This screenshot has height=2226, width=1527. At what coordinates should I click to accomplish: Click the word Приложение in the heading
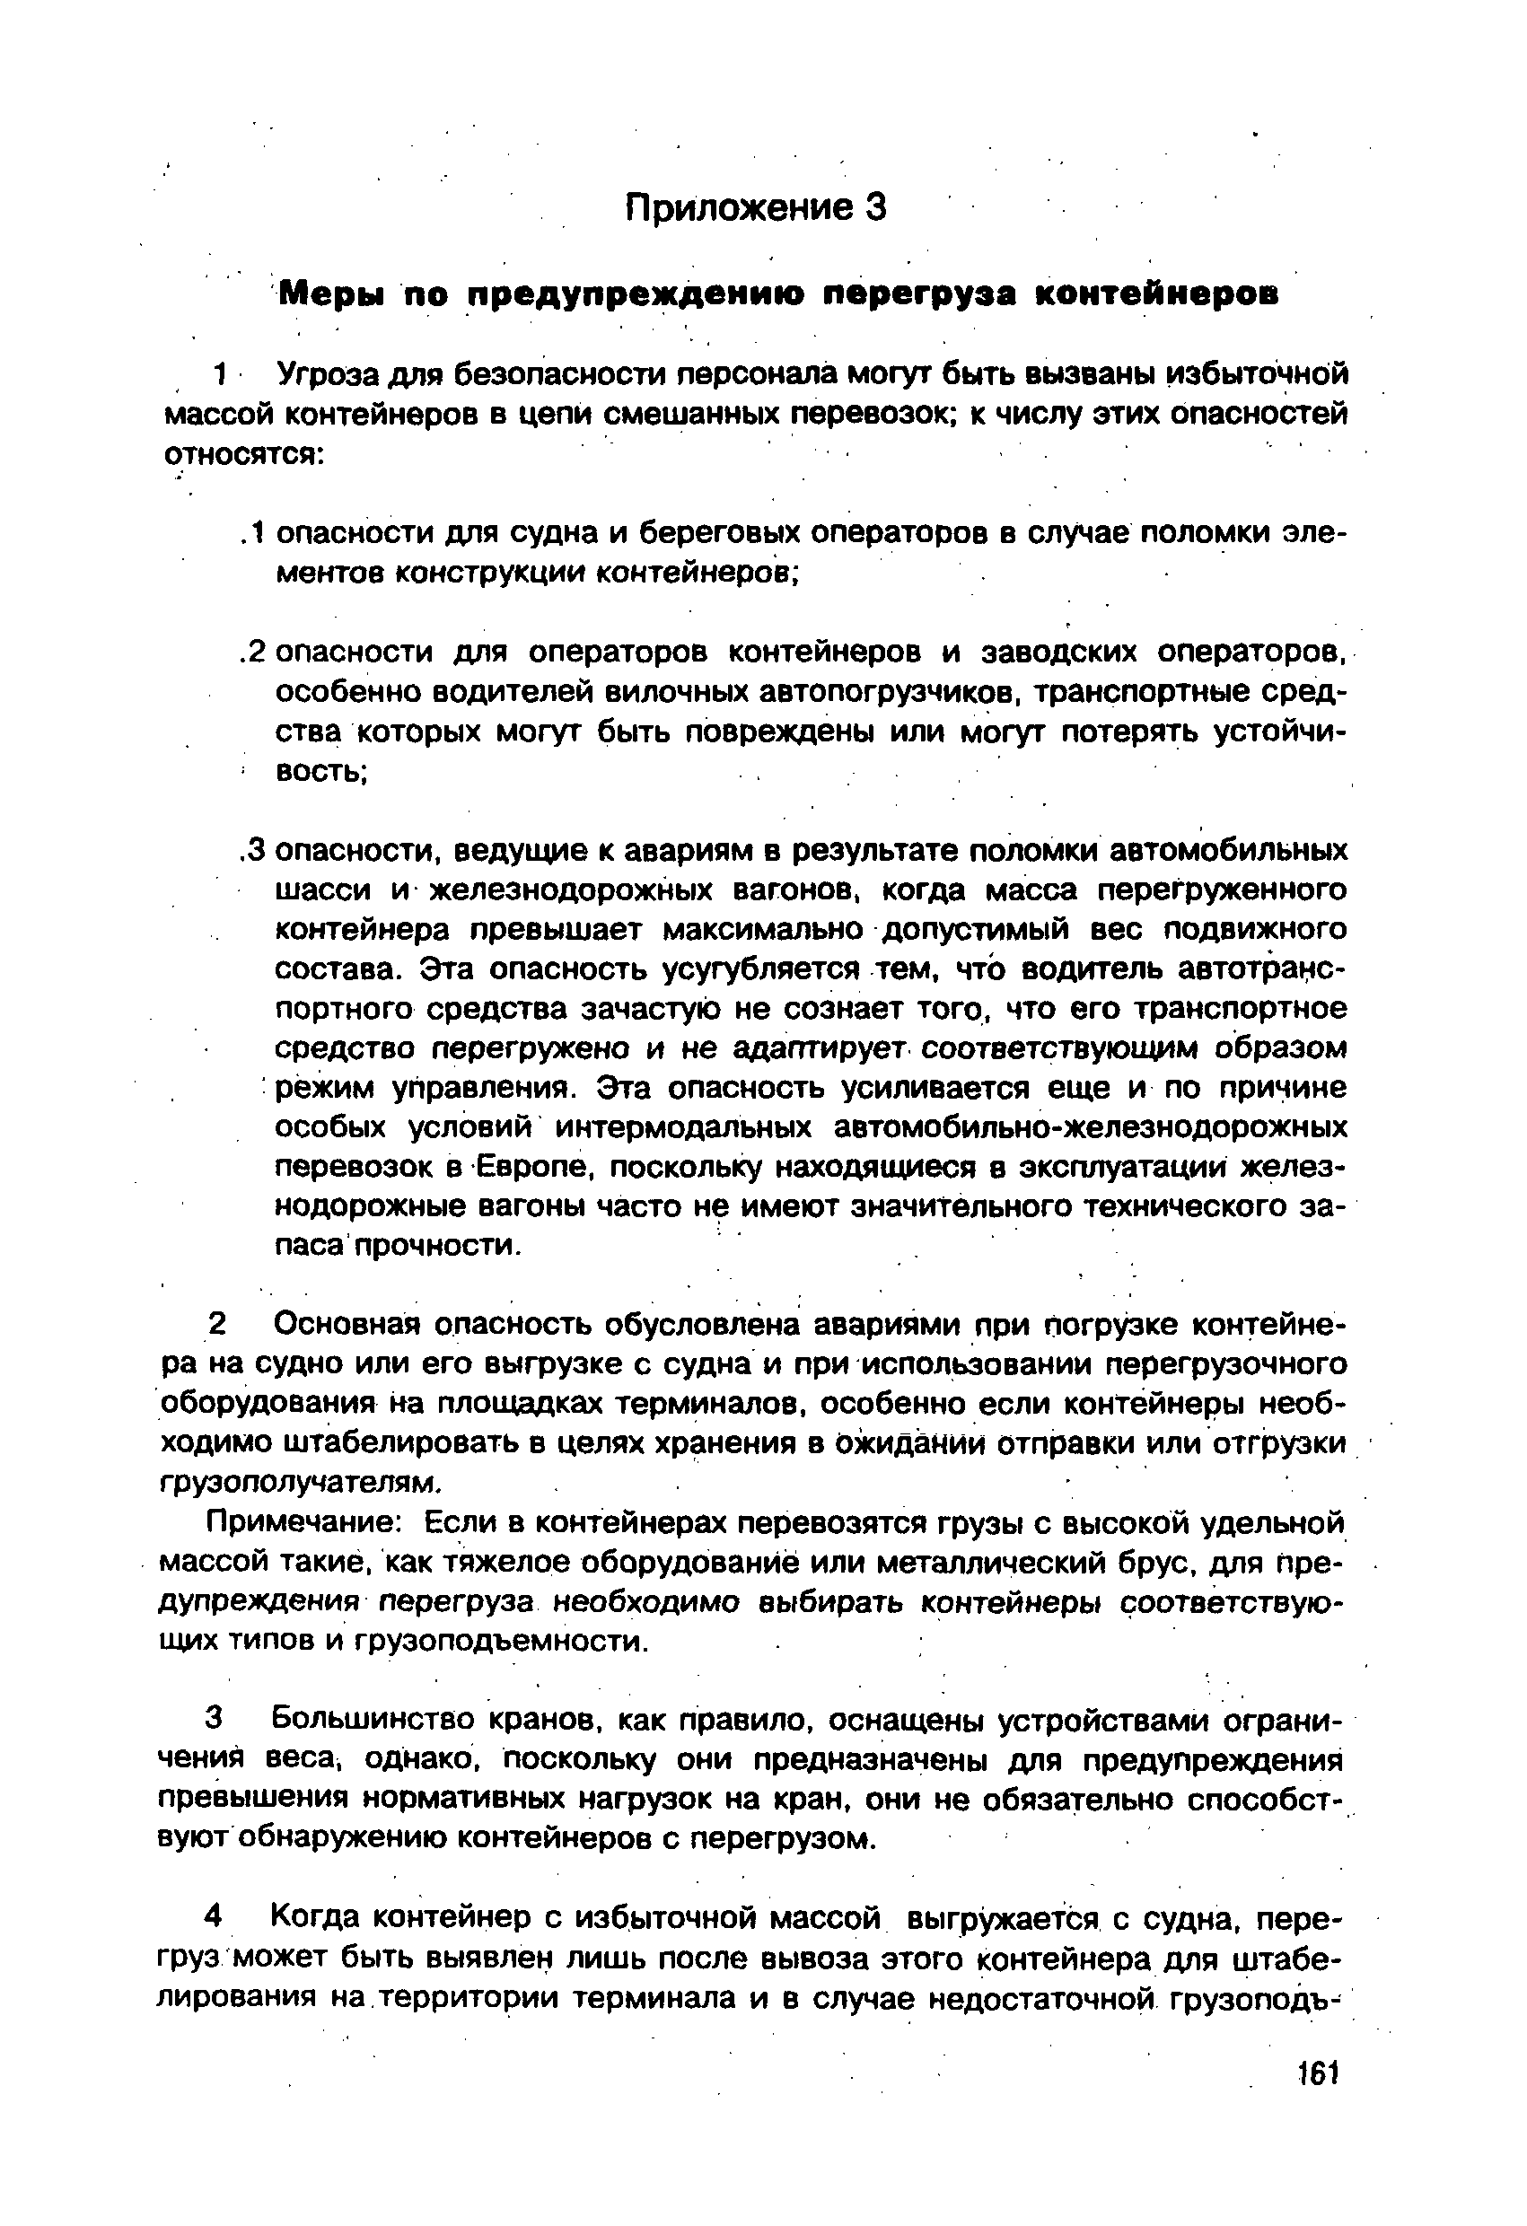[x=737, y=206]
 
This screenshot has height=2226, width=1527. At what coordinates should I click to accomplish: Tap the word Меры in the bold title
[x=331, y=294]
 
